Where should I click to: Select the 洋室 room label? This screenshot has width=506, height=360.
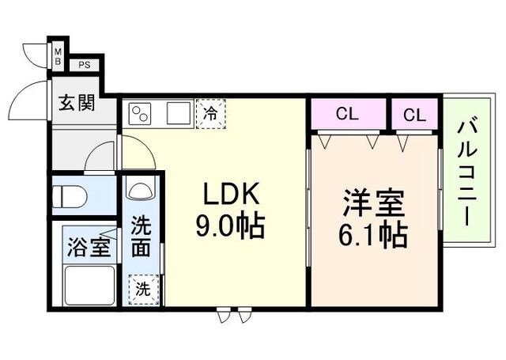pyautogui.click(x=372, y=203)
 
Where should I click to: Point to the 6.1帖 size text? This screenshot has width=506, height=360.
pyautogui.click(x=374, y=234)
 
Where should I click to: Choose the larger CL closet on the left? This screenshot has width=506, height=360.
pyautogui.click(x=348, y=114)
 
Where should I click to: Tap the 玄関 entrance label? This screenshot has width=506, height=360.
pyautogui.click(x=77, y=104)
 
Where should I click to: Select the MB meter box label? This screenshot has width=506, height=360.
pyautogui.click(x=58, y=56)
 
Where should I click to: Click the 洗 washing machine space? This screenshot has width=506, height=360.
pyautogui.click(x=143, y=287)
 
